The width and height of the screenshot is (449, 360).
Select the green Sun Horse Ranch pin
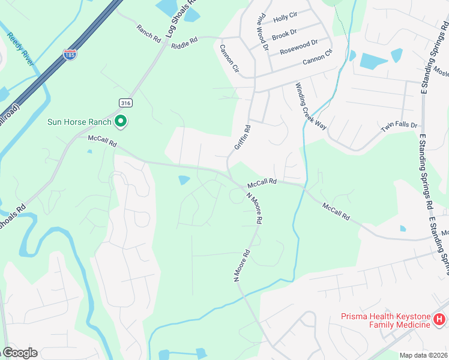tap(121, 122)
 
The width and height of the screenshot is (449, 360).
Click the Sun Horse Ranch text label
tap(80, 122)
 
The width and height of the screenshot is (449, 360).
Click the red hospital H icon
tap(440, 320)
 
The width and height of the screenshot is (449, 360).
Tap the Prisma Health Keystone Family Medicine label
tap(385, 320)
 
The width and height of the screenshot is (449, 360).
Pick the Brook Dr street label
tap(285, 35)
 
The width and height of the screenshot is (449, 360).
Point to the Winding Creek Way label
tap(310, 107)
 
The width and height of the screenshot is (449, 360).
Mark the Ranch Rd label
tap(149, 32)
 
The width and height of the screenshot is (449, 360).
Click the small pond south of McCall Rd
tap(184, 179)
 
